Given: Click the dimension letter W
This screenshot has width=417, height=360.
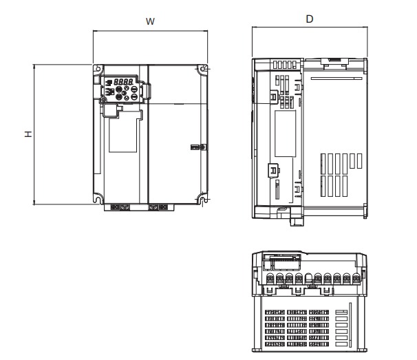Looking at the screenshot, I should pos(150,21).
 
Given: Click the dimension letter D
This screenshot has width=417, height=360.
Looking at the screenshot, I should pos(310,19).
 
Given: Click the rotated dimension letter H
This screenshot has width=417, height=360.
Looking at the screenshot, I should pos(27,134).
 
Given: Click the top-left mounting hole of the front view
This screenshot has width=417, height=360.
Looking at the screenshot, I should pos(98,70).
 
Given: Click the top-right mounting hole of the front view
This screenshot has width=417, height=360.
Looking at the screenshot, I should pos(203,69).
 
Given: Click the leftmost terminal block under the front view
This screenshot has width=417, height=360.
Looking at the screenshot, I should pos(112,207).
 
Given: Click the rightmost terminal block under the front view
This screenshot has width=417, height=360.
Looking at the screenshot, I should pos(164,207).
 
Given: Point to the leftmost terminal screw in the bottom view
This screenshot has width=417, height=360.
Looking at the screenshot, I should pos(270,279).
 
